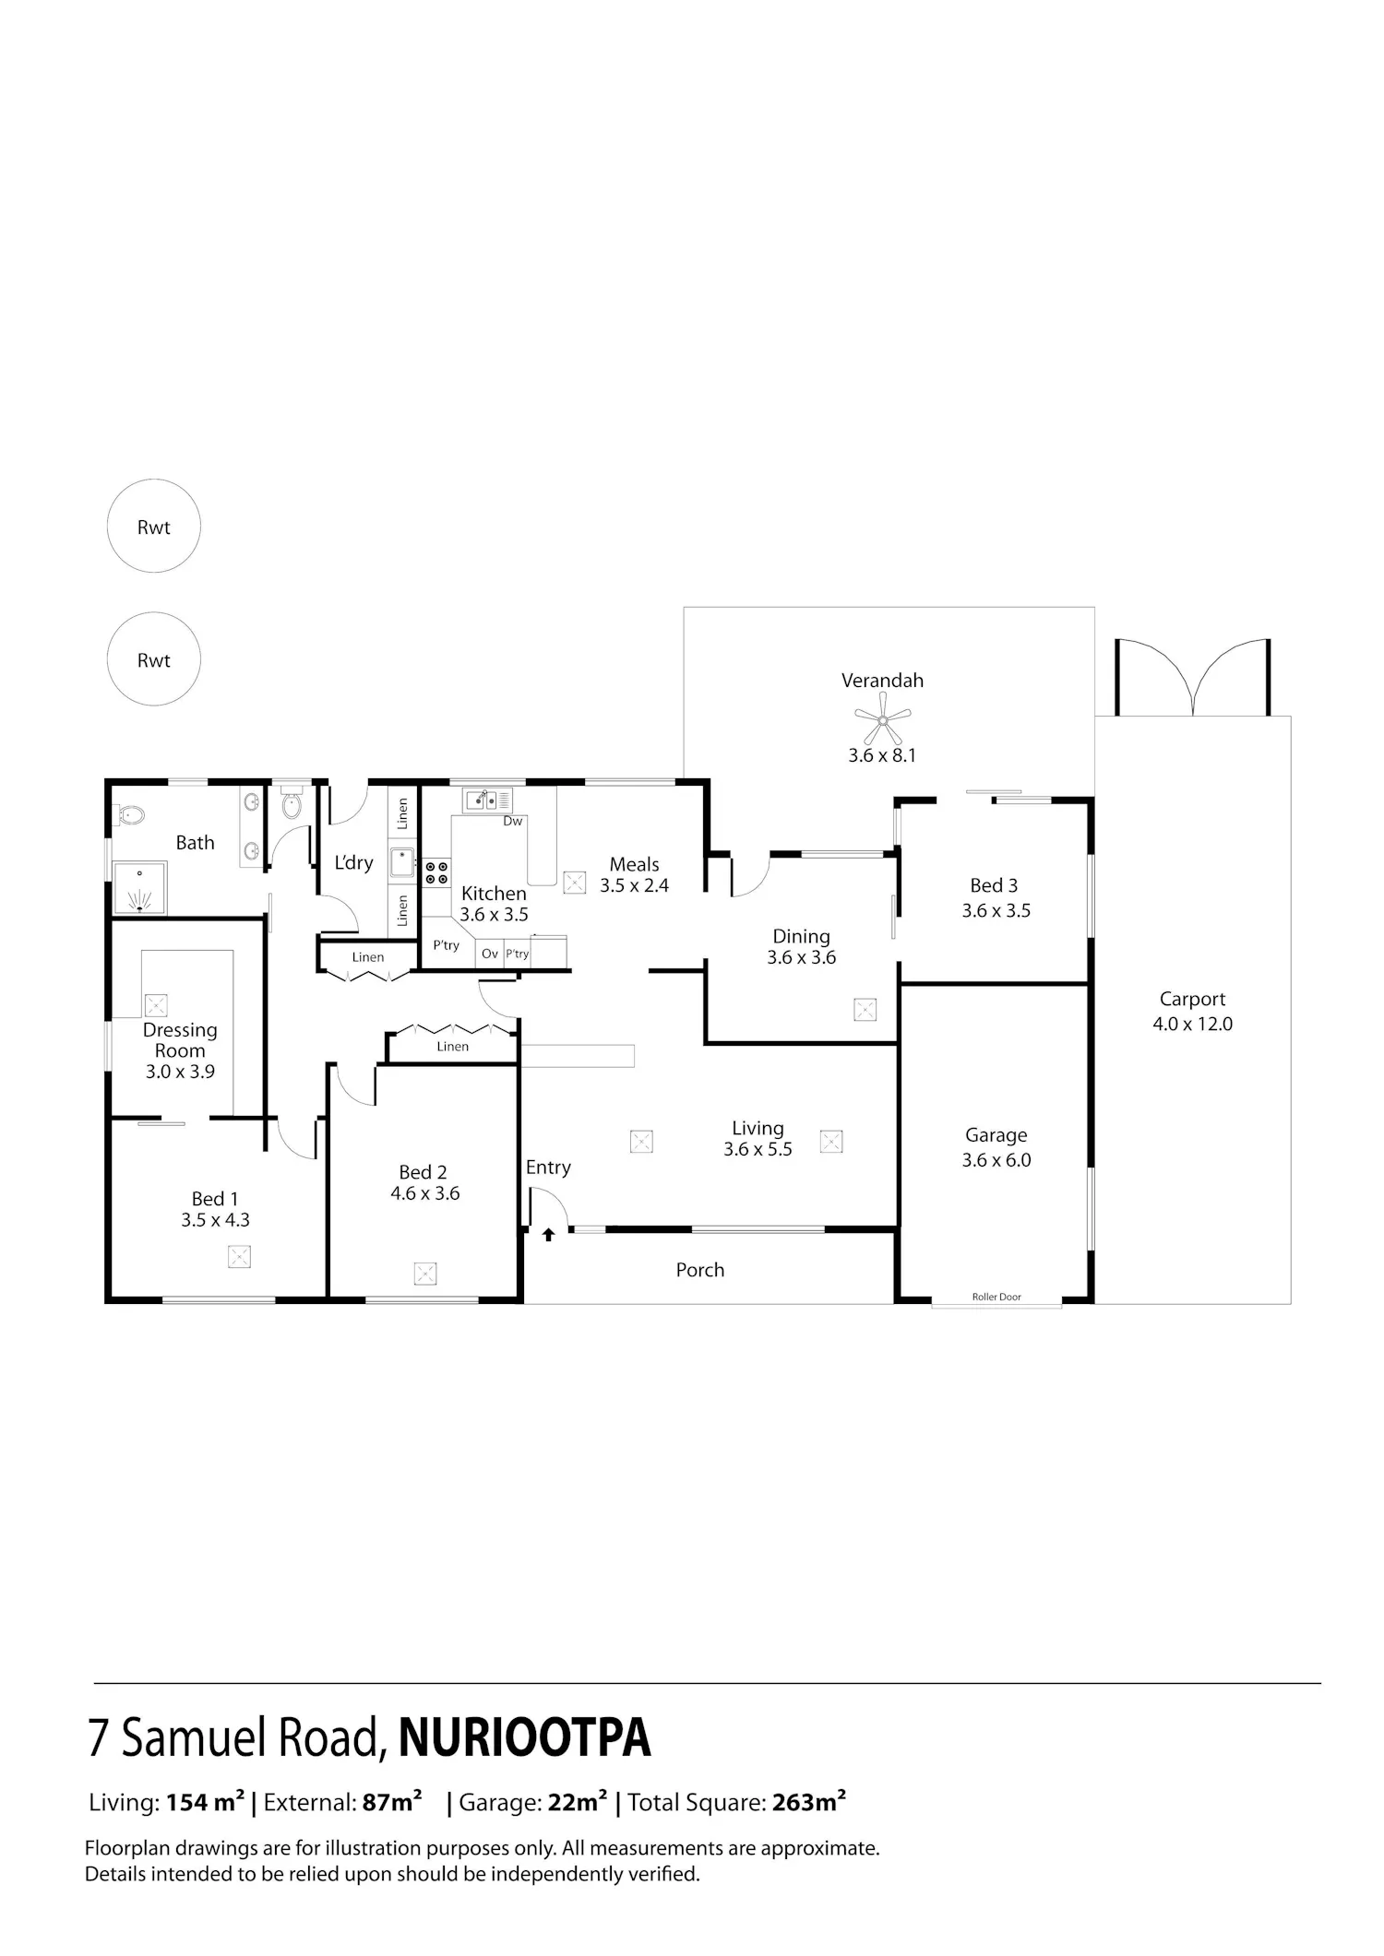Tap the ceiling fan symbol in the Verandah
(x=883, y=718)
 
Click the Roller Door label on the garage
(x=996, y=1297)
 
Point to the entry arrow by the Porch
(x=548, y=1234)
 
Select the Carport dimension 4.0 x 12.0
(x=1192, y=1024)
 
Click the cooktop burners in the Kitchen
(x=436, y=872)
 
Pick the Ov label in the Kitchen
(x=490, y=954)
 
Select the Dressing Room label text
(x=180, y=1040)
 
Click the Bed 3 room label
(x=994, y=885)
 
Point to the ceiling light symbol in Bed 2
(x=425, y=1274)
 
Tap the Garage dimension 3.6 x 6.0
(x=996, y=1160)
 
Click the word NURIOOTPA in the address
(x=525, y=1737)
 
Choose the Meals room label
(x=634, y=864)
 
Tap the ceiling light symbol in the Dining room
(x=865, y=1010)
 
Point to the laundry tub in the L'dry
(x=401, y=863)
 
